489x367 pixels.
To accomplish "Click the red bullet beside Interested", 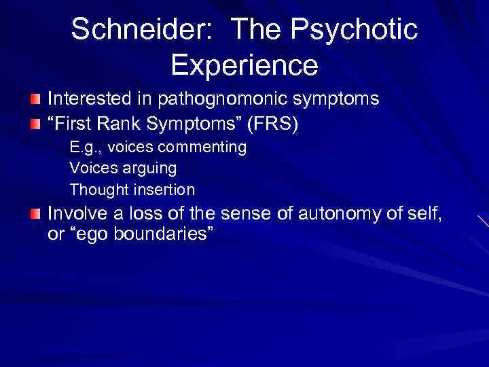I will (35, 100).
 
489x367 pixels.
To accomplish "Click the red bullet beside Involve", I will (35, 214).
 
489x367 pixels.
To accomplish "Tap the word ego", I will (101, 236).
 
